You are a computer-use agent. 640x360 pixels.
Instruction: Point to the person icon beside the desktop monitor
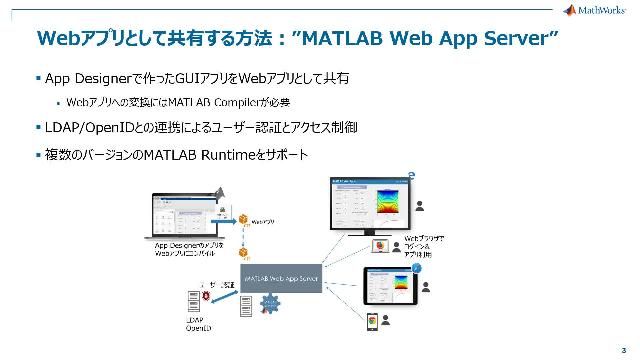click(422, 206)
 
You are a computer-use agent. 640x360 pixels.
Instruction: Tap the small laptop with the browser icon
click(381, 246)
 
